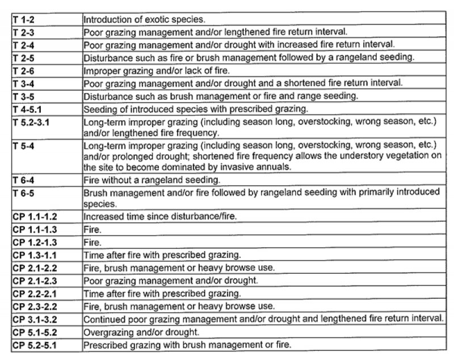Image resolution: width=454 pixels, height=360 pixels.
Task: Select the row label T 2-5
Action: click(23, 57)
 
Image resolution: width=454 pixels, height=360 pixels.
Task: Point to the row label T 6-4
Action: click(23, 180)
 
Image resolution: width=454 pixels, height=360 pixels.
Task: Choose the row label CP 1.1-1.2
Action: click(36, 216)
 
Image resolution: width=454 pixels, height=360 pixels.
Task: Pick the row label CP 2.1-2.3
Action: click(36, 281)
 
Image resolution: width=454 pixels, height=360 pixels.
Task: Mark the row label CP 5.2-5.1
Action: click(36, 345)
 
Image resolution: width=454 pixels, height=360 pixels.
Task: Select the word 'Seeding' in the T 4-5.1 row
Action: click(100, 109)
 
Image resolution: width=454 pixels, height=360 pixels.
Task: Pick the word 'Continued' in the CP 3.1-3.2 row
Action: click(104, 319)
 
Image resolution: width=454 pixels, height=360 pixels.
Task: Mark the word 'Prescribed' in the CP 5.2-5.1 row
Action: click(106, 345)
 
